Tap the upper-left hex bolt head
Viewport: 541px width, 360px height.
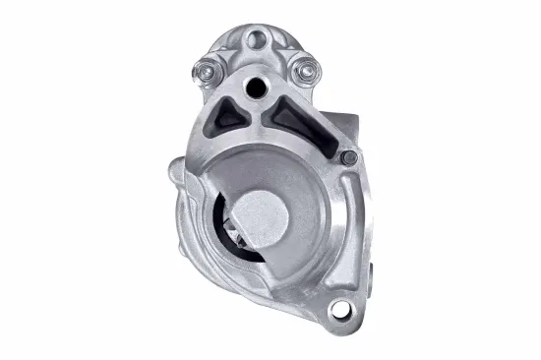click(x=208, y=70)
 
